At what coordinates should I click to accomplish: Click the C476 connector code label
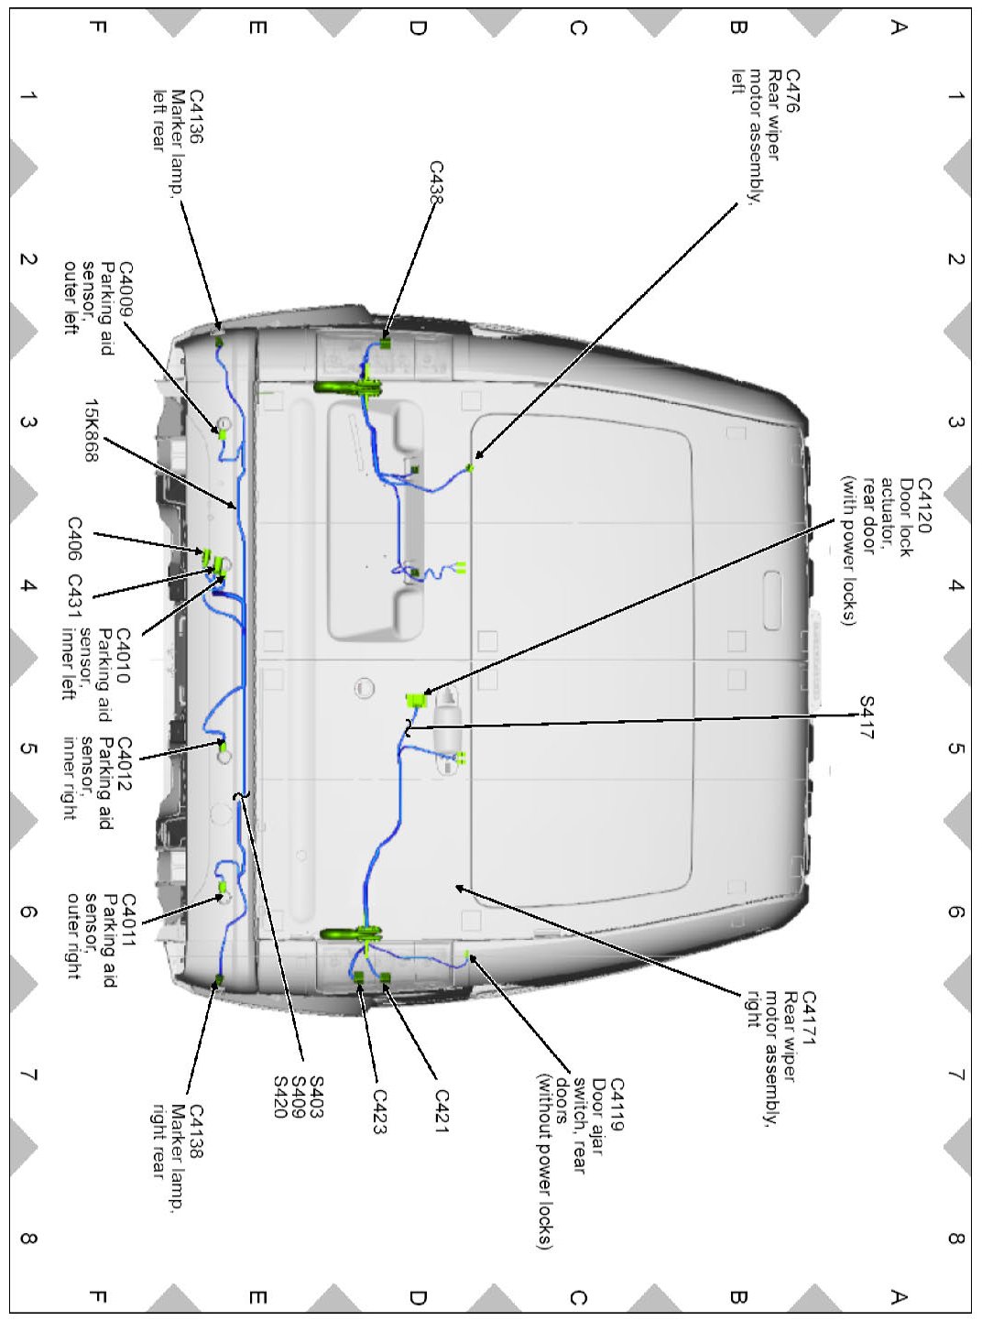pos(792,92)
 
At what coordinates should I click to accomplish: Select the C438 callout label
pos(436,182)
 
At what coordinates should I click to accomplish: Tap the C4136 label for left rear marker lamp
pos(195,116)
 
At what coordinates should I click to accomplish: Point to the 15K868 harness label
pos(91,430)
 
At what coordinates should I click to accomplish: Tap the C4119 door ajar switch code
pos(616,1105)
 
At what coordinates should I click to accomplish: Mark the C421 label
pos(442,1111)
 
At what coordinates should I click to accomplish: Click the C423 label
pos(379,1111)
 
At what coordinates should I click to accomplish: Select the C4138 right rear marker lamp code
pos(195,1132)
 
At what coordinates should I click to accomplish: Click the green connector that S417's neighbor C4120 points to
pos(417,701)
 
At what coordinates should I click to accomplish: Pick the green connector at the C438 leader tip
pos(386,344)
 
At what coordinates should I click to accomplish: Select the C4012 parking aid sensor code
pos(125,762)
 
